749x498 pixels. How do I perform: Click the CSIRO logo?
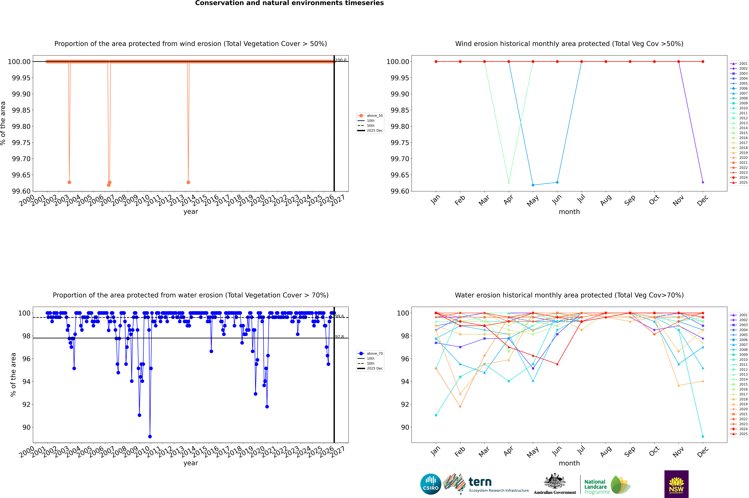tap(431, 484)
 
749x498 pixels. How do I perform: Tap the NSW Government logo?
tap(676, 484)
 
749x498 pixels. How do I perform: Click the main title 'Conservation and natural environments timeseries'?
tap(289, 3)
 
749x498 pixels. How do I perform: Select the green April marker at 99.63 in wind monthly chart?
tap(509, 182)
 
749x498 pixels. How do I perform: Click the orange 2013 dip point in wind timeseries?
tap(188, 182)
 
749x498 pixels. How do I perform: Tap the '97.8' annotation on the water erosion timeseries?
tap(339, 337)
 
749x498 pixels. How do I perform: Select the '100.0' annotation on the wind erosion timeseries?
tap(341, 60)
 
